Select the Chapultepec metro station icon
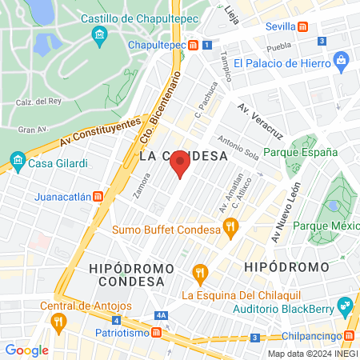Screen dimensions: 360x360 click(x=194, y=46)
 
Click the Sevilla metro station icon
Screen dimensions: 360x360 click(x=302, y=26)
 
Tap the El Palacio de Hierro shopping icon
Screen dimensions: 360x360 click(x=342, y=61)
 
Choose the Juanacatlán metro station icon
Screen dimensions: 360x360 click(x=98, y=195)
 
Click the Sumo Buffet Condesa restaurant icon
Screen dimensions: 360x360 click(x=230, y=228)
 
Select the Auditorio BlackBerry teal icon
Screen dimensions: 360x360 click(x=345, y=304)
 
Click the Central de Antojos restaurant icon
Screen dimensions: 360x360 click(x=58, y=322)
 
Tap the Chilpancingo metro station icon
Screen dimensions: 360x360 click(x=350, y=336)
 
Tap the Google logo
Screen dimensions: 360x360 click(x=26, y=350)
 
